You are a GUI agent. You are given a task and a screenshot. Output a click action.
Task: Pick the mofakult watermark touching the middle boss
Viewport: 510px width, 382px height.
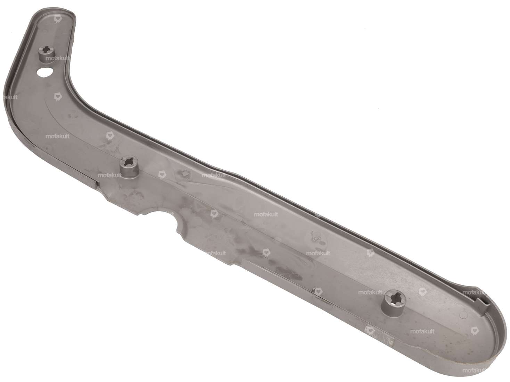pos(109,175)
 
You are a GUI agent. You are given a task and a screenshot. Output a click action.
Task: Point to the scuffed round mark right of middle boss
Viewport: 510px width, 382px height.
pos(183,173)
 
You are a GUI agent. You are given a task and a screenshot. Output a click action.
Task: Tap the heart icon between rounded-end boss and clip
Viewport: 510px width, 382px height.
pos(422,291)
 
